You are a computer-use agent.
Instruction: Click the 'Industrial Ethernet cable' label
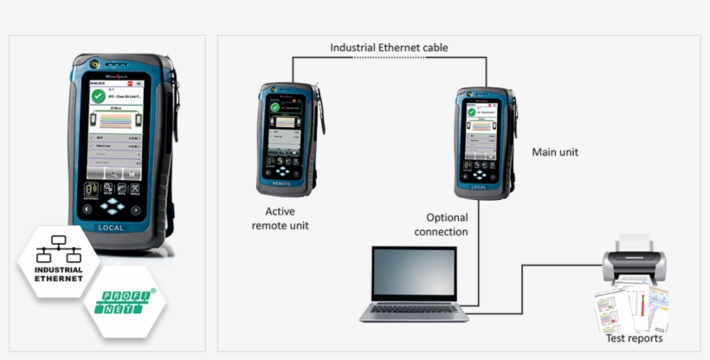coord(389,47)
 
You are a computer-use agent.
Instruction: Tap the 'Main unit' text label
coord(555,152)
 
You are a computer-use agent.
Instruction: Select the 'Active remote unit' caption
coord(280,218)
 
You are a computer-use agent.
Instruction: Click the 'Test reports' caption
coord(635,338)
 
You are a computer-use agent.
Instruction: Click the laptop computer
coord(414,285)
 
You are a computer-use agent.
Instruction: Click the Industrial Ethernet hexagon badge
coord(59,261)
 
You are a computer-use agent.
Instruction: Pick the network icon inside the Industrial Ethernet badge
coord(59,250)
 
